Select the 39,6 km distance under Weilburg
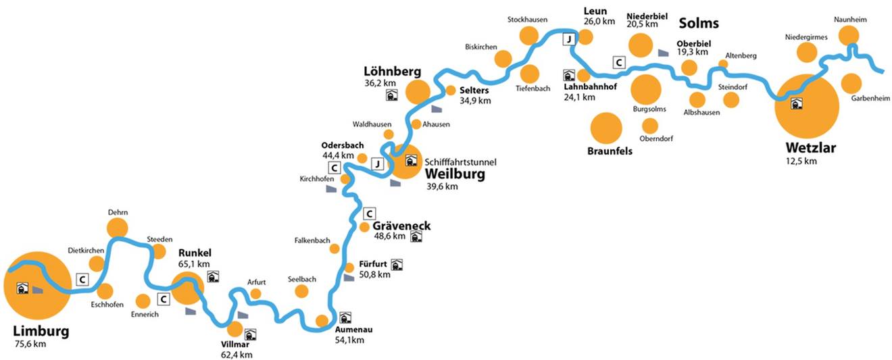[x=442, y=186]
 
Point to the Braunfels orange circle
[x=606, y=128]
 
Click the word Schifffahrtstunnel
[x=461, y=162]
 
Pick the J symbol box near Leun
[x=570, y=39]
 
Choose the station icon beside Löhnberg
[x=391, y=95]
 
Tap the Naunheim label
[x=850, y=20]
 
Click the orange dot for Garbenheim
[x=851, y=84]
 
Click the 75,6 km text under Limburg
[x=30, y=344]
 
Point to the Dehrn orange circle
[x=118, y=228]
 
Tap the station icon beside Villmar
[x=251, y=334]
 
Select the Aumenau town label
[x=353, y=330]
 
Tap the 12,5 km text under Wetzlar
[x=801, y=161]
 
